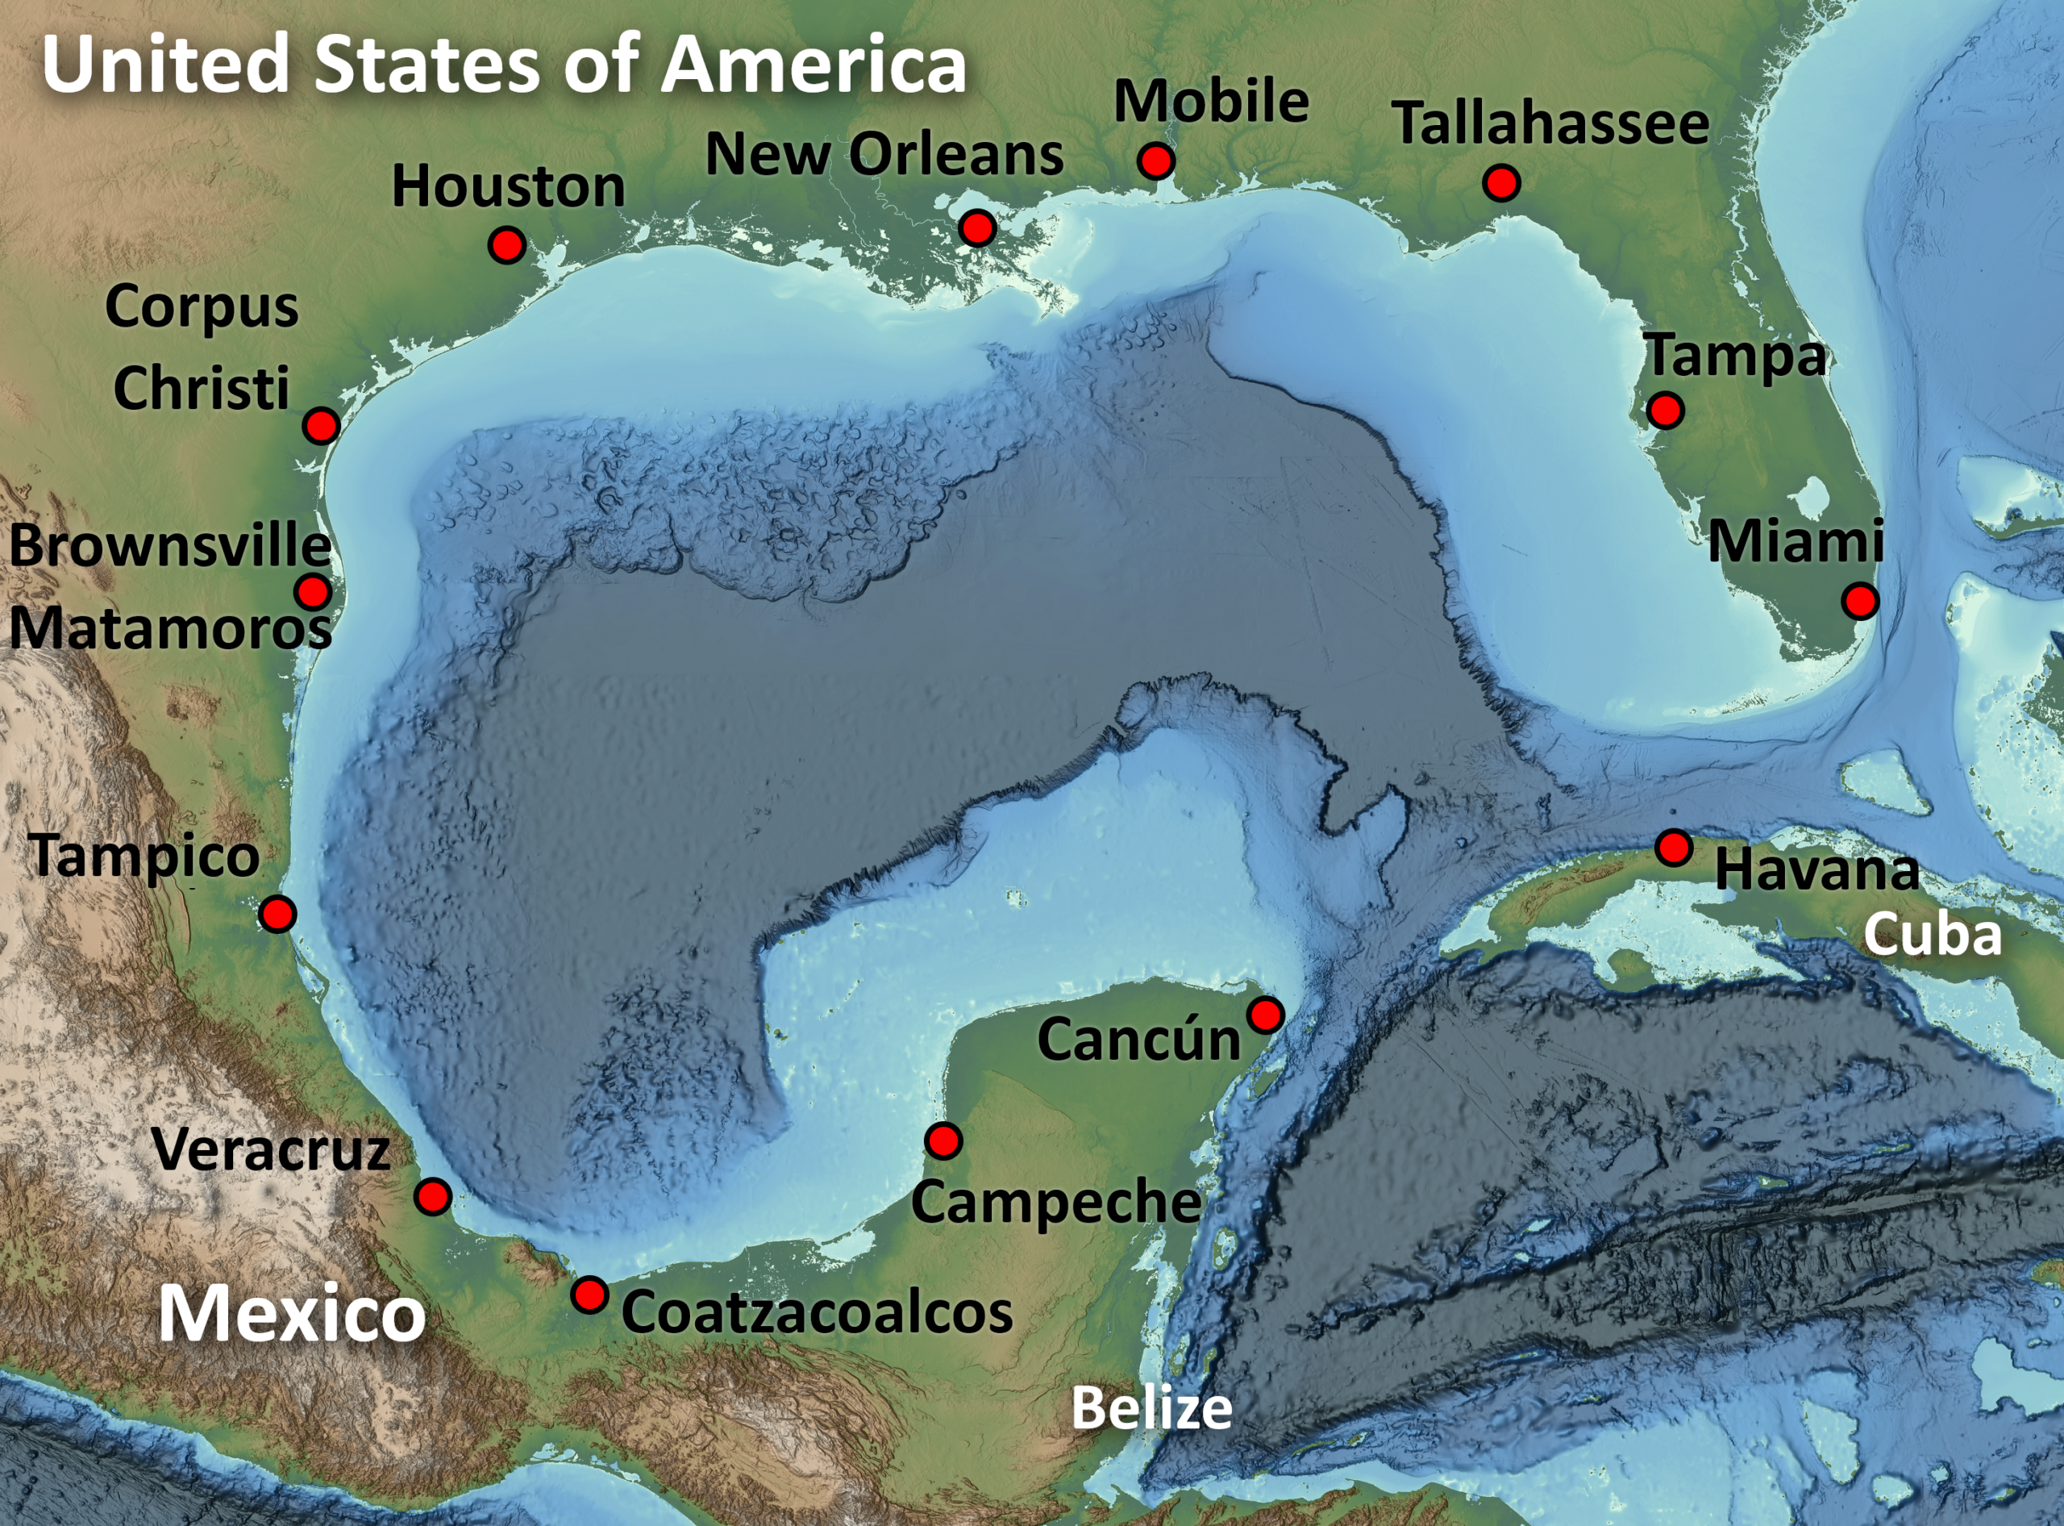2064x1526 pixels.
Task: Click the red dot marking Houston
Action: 507,246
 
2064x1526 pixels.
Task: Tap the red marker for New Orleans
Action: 977,227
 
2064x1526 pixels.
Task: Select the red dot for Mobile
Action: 1156,161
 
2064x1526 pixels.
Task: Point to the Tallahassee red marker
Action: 1501,183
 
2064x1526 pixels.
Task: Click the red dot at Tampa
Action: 1665,411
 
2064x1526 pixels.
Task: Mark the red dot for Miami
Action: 1860,602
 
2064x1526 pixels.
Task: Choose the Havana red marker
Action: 1673,847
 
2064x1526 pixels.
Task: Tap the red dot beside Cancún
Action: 1265,1015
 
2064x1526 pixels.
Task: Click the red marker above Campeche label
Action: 943,1140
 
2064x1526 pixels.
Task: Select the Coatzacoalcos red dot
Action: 589,1295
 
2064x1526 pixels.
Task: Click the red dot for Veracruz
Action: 432,1197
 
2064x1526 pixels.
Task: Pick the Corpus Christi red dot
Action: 320,426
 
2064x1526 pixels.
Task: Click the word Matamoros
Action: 170,628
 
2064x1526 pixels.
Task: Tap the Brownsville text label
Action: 170,545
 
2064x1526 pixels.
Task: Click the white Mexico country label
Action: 291,1314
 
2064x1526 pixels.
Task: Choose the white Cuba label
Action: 1932,934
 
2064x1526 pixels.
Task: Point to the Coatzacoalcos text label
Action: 817,1311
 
